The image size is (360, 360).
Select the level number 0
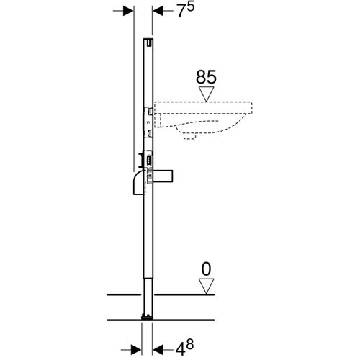coord(206,271)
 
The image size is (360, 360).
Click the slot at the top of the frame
coord(148,45)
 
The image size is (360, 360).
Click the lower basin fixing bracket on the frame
coord(149,132)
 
